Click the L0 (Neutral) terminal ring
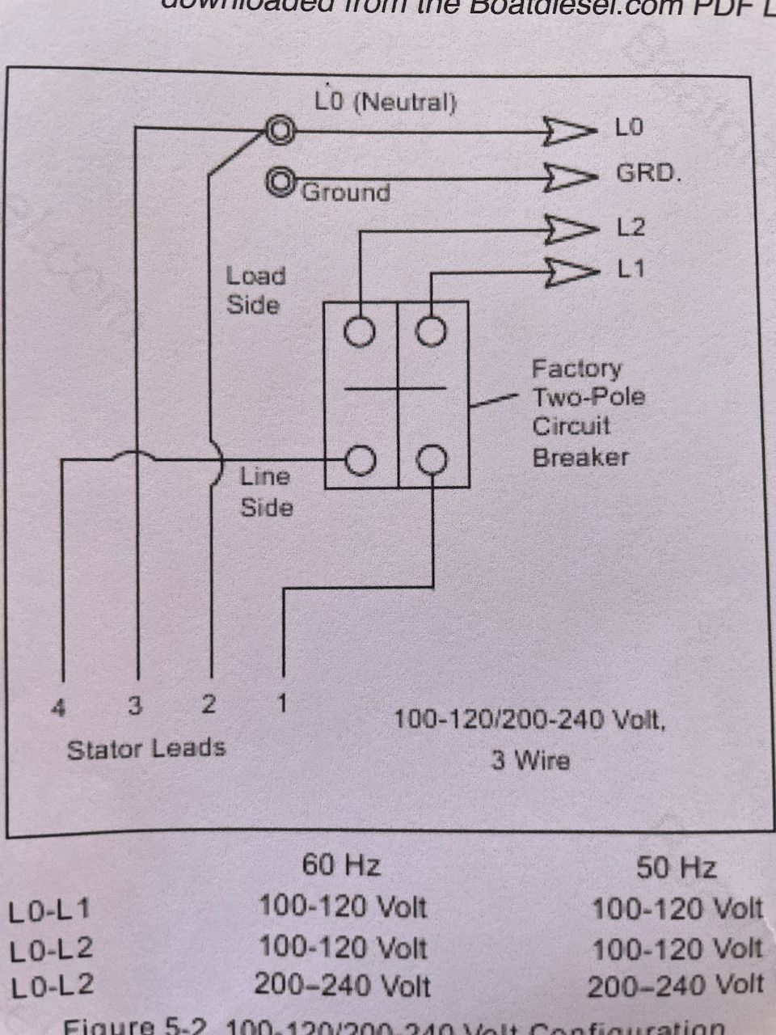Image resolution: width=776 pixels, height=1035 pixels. pos(281,129)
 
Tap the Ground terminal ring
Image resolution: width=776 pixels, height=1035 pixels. pos(281,180)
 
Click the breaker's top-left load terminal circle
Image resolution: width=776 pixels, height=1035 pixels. pos(361,331)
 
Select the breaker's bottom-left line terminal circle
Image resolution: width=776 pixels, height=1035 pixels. pos(361,460)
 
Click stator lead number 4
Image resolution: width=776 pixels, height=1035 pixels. pos(58,708)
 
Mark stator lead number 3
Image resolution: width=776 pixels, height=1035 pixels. pos(135,706)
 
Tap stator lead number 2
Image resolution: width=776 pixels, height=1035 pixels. pos(209,704)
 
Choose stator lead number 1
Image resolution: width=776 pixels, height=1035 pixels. pos(282,703)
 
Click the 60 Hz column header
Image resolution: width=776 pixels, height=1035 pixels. pos(341,866)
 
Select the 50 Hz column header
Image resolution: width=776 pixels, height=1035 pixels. pos(676,868)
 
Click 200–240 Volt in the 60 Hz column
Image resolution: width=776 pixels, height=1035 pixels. pos(342,985)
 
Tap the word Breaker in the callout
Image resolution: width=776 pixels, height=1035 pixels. pos(580,457)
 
